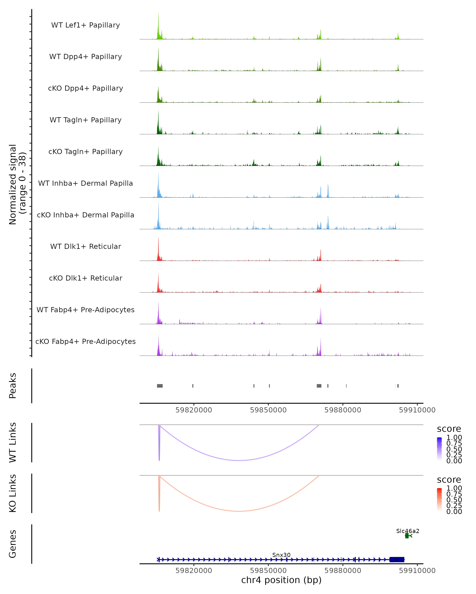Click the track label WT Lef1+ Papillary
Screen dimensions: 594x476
click(85, 25)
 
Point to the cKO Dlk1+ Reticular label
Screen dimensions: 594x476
click(85, 278)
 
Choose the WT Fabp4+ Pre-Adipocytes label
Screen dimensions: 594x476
click(85, 310)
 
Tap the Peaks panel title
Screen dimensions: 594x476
click(13, 386)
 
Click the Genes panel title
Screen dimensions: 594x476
click(13, 544)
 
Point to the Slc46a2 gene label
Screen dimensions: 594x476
click(408, 531)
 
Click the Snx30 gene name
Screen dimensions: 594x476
click(281, 555)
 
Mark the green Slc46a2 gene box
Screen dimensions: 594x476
click(407, 536)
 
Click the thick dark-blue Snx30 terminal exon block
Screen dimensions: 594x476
click(397, 560)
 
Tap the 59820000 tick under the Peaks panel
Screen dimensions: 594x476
click(194, 410)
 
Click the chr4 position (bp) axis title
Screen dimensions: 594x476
click(281, 580)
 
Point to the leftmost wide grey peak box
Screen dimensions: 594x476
click(160, 386)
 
